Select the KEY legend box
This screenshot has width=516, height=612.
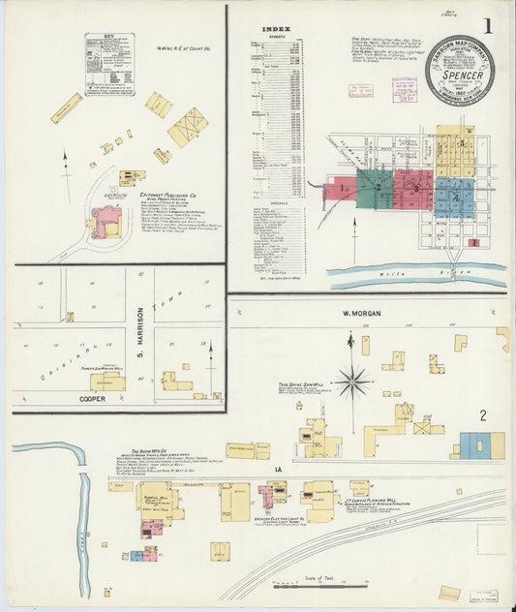click(x=108, y=64)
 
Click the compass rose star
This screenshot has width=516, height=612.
click(x=352, y=382)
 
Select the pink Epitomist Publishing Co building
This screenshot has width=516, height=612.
click(x=105, y=221)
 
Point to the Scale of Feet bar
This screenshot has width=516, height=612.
click(x=320, y=585)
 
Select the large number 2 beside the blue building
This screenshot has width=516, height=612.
click(x=481, y=417)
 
